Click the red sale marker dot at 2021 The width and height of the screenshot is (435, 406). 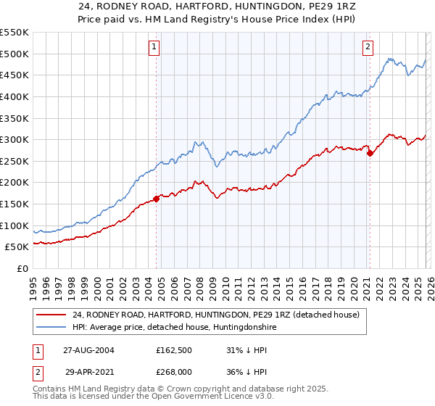pyautogui.click(x=370, y=153)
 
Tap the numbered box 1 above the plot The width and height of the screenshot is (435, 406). pyautogui.click(x=155, y=47)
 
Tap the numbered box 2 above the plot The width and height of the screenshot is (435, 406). pyautogui.click(x=368, y=47)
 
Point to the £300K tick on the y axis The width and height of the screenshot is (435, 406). pyautogui.click(x=14, y=139)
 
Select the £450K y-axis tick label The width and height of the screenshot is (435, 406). pyautogui.click(x=14, y=75)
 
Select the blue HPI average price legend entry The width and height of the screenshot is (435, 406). pyautogui.click(x=174, y=328)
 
